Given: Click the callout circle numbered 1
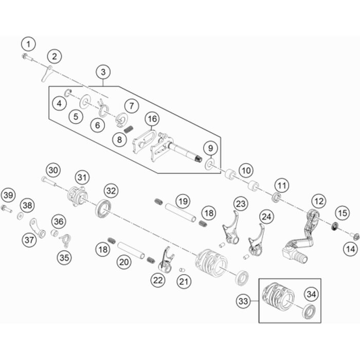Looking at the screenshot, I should tap(29, 43).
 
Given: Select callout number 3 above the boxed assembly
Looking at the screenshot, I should tap(104, 71).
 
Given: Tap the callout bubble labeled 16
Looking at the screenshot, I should tap(151, 119).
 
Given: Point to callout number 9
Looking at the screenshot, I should tap(209, 148).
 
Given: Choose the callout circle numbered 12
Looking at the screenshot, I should tap(319, 201).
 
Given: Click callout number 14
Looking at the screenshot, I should tap(351, 249).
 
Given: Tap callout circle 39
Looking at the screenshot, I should tap(8, 195).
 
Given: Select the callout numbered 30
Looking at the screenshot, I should tap(53, 170).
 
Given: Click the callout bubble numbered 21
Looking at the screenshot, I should tap(183, 281).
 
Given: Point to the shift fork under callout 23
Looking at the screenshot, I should tap(232, 234).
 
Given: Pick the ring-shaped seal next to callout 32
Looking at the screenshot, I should tap(102, 209).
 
